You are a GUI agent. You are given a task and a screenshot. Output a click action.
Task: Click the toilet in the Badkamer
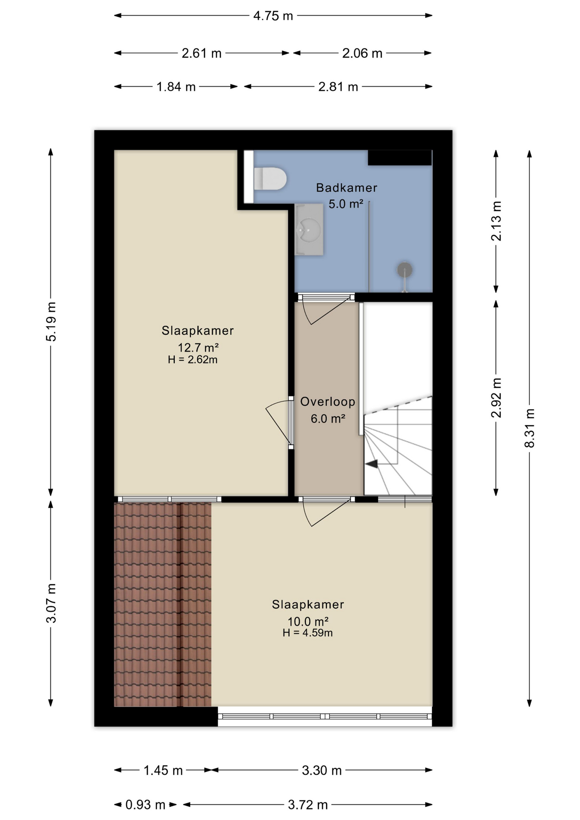(x=270, y=179)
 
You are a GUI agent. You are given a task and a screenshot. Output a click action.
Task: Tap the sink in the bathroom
(x=309, y=229)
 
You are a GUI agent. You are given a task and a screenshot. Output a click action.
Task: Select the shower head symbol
(x=404, y=270)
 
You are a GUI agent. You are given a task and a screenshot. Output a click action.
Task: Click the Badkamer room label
(x=346, y=187)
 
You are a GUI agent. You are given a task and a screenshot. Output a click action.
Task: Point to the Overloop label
(x=328, y=401)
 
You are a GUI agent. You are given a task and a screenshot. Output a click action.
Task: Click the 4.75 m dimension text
(x=273, y=16)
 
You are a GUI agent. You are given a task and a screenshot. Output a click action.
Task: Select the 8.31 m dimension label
(x=529, y=428)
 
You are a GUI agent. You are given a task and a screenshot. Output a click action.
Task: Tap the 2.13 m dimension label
(x=496, y=221)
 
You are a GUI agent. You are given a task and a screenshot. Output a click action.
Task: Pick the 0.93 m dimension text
(x=145, y=805)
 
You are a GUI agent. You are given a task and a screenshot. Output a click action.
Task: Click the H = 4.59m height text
(x=308, y=633)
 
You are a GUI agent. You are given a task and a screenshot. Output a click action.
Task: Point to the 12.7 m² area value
(x=198, y=347)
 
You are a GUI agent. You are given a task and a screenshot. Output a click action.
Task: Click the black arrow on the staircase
(x=372, y=463)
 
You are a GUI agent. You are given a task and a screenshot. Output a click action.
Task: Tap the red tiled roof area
(x=163, y=604)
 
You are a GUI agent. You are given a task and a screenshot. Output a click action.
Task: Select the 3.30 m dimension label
(x=322, y=770)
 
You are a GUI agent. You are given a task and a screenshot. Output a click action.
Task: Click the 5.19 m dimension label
(x=51, y=322)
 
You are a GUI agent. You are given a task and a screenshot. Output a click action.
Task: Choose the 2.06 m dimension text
(x=362, y=53)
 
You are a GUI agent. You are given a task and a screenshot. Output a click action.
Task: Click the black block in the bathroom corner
(x=400, y=158)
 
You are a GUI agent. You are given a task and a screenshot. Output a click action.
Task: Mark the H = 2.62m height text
(x=193, y=360)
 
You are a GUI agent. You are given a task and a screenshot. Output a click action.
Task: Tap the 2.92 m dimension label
(x=496, y=398)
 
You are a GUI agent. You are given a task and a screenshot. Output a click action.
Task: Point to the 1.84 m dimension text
(x=176, y=87)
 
